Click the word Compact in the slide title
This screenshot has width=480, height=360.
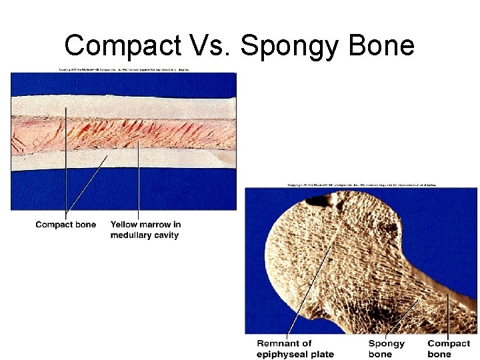pos(122,45)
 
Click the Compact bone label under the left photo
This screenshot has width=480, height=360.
pos(66,225)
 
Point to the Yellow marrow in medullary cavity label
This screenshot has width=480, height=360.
pos(145,229)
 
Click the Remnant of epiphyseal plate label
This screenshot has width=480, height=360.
pos(295,349)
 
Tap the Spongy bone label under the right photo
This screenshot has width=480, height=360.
pos(386,349)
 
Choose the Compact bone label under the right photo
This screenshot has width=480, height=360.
pos(448,349)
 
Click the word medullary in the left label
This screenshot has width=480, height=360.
pos(132,235)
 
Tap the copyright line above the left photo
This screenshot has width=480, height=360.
pos(123,69)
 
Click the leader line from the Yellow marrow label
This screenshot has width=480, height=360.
pos(139,180)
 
